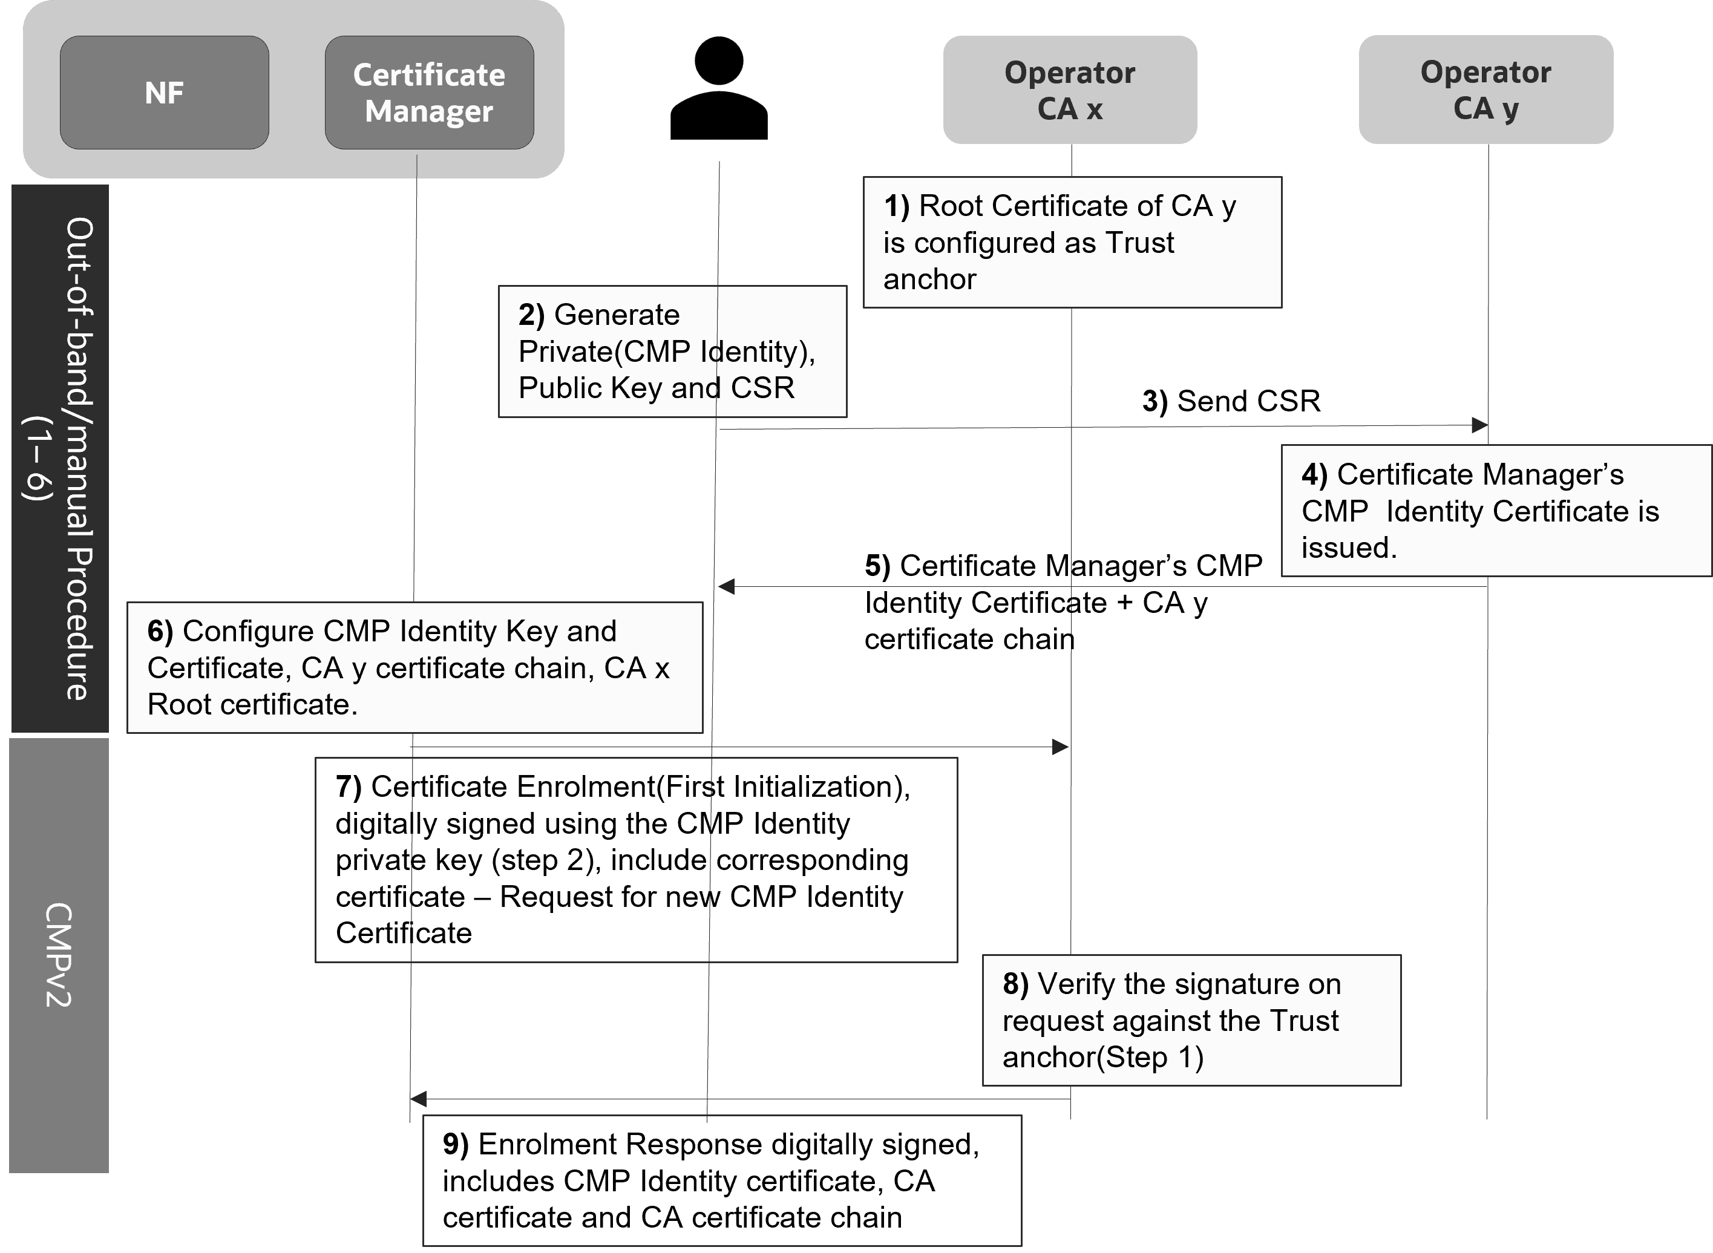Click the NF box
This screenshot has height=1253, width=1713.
[164, 93]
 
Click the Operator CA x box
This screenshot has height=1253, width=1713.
[1070, 90]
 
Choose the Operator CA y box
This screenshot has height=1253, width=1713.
[1485, 90]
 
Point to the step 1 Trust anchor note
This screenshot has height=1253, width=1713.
[1072, 242]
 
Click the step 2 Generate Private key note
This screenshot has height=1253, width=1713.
[672, 351]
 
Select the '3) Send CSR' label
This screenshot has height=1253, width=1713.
[1231, 401]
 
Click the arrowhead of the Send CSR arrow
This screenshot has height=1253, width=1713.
[1479, 425]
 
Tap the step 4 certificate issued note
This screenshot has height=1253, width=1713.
[1495, 511]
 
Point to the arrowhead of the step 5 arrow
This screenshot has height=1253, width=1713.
[726, 586]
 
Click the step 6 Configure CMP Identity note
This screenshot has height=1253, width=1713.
[414, 667]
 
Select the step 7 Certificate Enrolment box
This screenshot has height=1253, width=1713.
[636, 859]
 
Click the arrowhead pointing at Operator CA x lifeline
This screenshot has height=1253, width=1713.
[1061, 747]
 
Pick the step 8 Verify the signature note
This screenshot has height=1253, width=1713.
[1191, 1020]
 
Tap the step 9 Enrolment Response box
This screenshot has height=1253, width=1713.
[721, 1180]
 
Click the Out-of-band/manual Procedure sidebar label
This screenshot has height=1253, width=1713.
[60, 458]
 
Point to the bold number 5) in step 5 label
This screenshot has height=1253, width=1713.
[877, 566]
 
